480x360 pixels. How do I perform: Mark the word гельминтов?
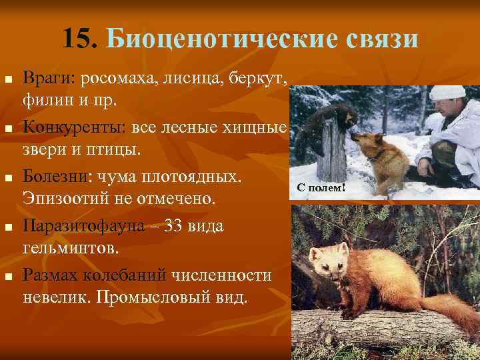click(71, 249)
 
